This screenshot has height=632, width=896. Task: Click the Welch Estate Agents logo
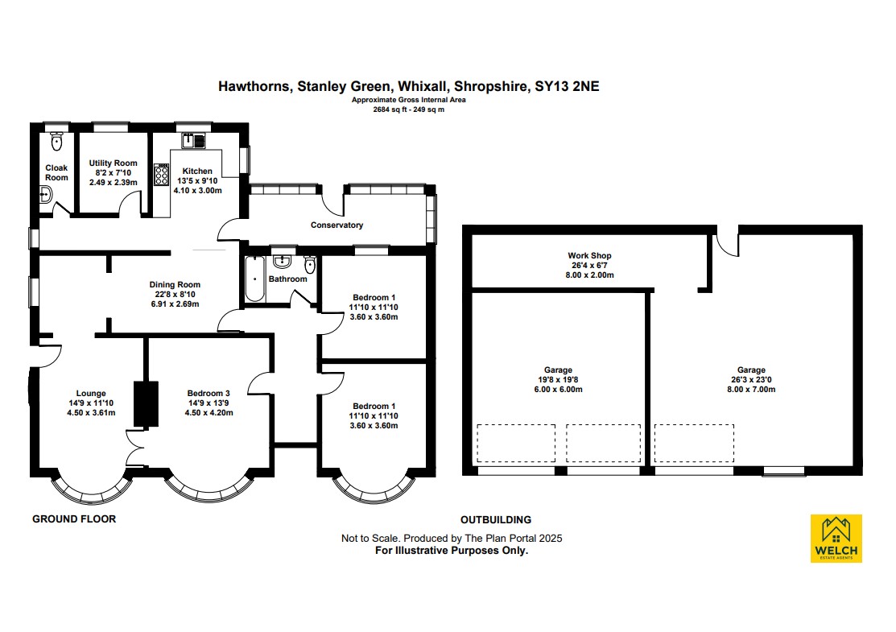(x=836, y=539)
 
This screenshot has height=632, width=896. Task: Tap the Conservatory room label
(x=337, y=225)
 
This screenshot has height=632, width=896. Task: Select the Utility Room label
(x=114, y=163)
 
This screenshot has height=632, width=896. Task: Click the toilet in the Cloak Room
(x=56, y=141)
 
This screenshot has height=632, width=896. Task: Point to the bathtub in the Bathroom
(x=255, y=279)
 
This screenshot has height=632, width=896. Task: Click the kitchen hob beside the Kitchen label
(x=161, y=174)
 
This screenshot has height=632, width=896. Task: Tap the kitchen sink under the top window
(x=193, y=140)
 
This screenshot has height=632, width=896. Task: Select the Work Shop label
(x=590, y=255)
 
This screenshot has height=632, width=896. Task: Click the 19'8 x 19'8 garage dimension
(x=558, y=379)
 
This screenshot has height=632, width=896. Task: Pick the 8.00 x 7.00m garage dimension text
(x=751, y=389)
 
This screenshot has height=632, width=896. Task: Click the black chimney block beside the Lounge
(x=146, y=403)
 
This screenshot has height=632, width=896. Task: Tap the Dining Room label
(x=175, y=284)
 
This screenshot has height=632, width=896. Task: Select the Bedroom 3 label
(x=209, y=393)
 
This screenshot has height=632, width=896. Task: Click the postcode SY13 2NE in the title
(x=567, y=86)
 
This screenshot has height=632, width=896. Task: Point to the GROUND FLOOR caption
(x=74, y=518)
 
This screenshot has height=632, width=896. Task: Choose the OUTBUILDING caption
(x=496, y=519)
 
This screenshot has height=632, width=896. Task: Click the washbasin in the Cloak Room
(x=46, y=196)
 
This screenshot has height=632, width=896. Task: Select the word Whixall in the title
(x=423, y=86)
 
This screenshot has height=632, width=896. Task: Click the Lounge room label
(x=91, y=393)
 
